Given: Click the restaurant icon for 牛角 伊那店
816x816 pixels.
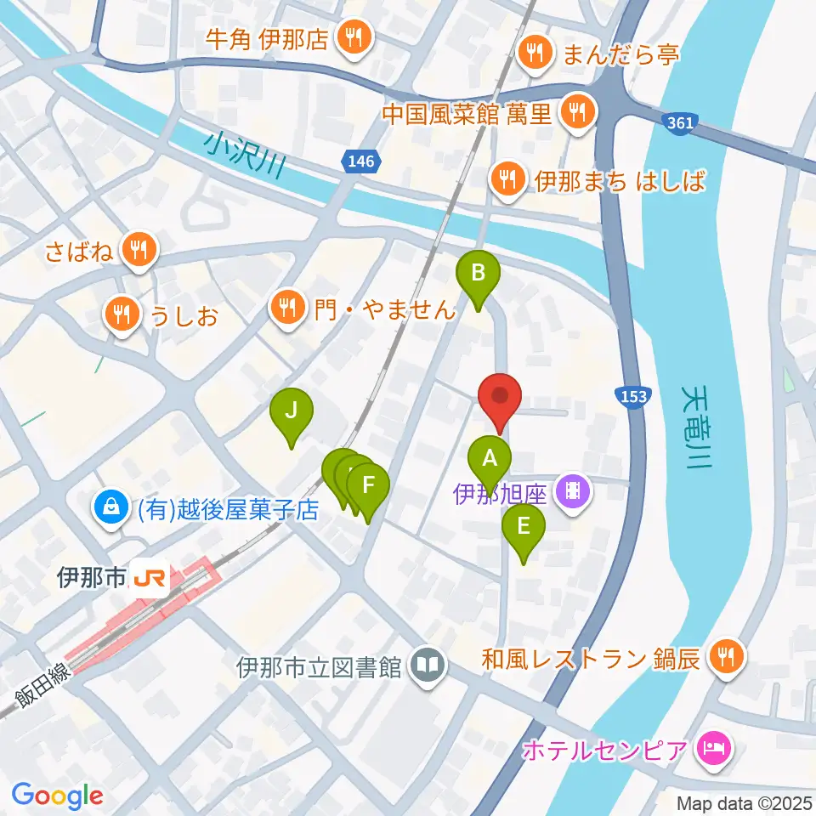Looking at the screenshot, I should click(350, 38).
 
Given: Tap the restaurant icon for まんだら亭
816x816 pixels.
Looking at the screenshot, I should click(535, 54).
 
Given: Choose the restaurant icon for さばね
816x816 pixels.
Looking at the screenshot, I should click(138, 248).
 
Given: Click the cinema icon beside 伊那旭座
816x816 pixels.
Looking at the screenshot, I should click(574, 491).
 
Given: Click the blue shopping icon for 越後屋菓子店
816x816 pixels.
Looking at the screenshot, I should click(110, 508).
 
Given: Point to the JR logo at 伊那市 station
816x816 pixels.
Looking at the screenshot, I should click(148, 580).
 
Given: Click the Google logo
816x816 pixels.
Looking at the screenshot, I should click(57, 796).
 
